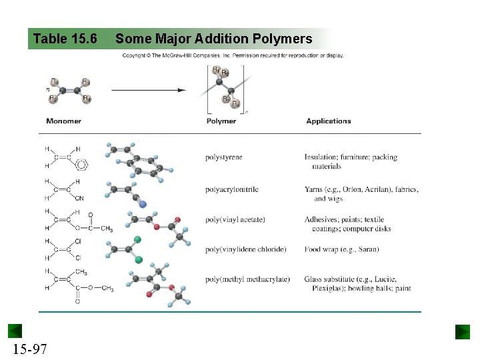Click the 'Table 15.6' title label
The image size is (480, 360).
pyautogui.click(x=65, y=39)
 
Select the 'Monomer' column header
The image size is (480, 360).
pyautogui.click(x=63, y=121)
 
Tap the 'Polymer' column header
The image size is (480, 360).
pyautogui.click(x=221, y=121)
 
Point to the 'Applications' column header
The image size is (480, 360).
pyautogui.click(x=329, y=121)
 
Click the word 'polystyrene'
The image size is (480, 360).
pyautogui.click(x=224, y=157)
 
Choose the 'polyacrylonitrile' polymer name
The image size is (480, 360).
pyautogui.click(x=232, y=189)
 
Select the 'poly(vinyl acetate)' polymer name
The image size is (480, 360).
pyautogui.click(x=235, y=219)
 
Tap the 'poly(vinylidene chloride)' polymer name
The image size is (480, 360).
pyautogui.click(x=246, y=249)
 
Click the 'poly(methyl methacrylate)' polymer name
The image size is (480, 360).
pyautogui.click(x=247, y=279)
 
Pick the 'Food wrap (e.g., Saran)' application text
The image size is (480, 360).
pyautogui.click(x=341, y=249)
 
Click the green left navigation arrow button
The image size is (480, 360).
pyautogui.click(x=15, y=331)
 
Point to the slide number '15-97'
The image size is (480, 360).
pyautogui.click(x=29, y=348)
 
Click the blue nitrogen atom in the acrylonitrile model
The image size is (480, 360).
pyautogui.click(x=143, y=204)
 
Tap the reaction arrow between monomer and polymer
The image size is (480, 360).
pyautogui.click(x=148, y=89)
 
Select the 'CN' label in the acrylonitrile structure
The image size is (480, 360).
pyautogui.click(x=79, y=198)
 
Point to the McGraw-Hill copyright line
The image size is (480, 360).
pyautogui.click(x=233, y=55)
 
